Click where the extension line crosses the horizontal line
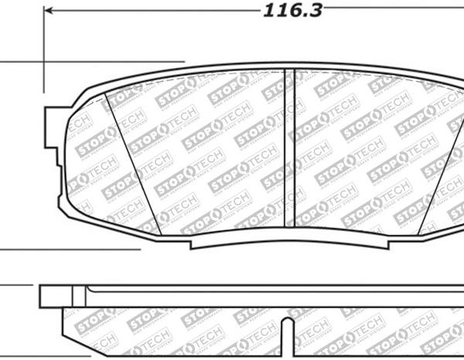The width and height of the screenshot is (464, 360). point(44,62)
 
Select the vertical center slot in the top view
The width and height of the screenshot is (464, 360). point(291,147)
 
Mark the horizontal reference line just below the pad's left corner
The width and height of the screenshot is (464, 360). point(70,250)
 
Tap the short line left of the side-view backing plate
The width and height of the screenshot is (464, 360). point(15,287)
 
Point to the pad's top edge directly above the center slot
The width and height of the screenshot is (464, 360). point(291,66)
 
